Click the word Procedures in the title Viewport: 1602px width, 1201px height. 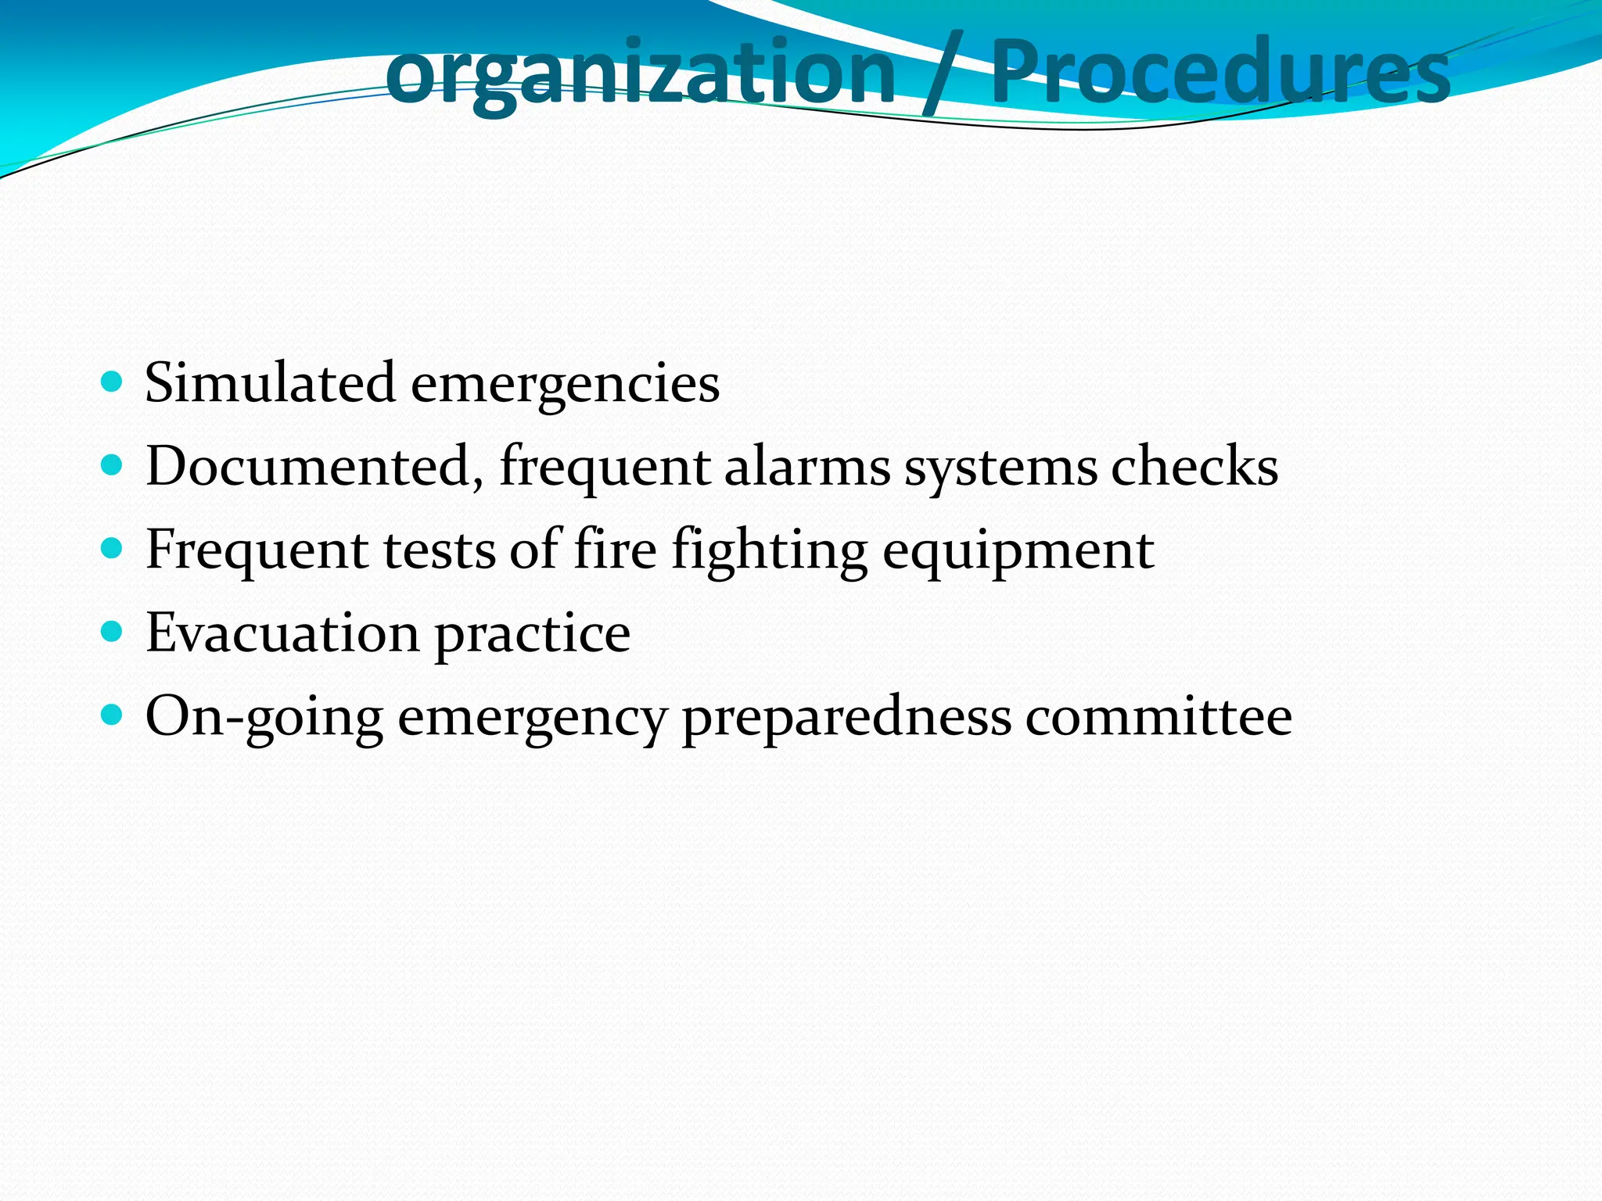pos(1219,73)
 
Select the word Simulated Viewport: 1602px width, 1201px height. pos(270,383)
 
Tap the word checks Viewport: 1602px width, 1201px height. pos(1194,467)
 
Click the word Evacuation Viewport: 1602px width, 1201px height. pos(282,633)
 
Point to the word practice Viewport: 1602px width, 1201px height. pos(532,634)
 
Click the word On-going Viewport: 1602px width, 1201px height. pos(264,717)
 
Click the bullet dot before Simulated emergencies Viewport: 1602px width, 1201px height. pos(113,382)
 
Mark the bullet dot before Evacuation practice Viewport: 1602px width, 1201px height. pos(113,632)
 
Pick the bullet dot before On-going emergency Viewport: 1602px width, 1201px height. pos(113,715)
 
